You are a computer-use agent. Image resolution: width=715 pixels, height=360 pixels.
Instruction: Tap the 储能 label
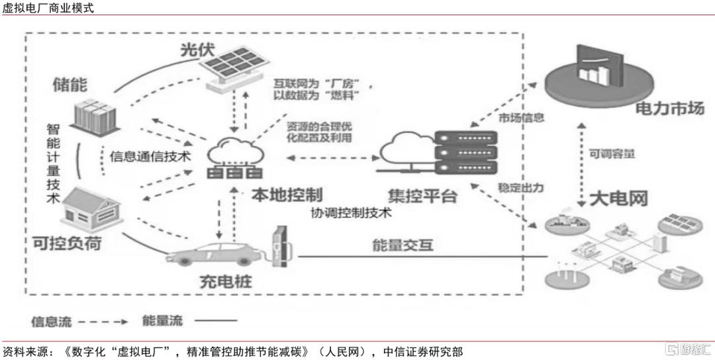point(70,85)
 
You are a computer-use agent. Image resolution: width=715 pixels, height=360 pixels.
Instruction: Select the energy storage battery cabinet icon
point(95,116)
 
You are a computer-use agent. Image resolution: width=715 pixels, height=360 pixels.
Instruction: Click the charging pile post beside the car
point(279,247)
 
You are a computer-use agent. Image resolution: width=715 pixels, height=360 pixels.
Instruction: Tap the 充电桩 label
point(226,282)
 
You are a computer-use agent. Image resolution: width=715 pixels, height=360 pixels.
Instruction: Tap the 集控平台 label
point(422,197)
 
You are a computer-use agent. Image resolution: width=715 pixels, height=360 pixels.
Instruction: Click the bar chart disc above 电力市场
point(593,75)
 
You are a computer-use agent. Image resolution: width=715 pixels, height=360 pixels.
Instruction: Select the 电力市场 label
point(670,109)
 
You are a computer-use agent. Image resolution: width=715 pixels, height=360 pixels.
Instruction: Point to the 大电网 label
point(618,199)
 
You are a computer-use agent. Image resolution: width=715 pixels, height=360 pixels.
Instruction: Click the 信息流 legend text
point(52,321)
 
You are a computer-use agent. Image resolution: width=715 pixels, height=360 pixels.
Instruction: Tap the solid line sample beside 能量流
point(216,321)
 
